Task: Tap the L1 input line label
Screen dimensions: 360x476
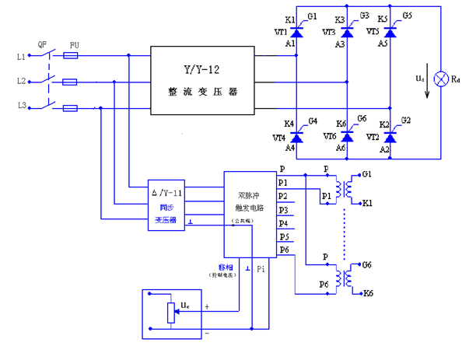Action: click(21, 56)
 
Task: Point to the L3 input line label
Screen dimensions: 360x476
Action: click(21, 105)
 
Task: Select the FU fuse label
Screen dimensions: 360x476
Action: click(74, 45)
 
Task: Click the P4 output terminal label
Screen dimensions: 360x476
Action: click(283, 223)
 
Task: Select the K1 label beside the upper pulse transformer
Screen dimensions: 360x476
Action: click(367, 202)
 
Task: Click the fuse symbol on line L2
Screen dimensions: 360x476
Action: click(69, 81)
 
